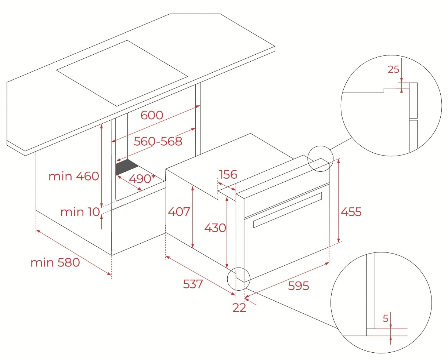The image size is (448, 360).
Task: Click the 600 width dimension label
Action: [x=152, y=115]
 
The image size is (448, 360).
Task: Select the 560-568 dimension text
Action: [x=158, y=141]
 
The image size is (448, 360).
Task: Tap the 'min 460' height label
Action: [x=74, y=176]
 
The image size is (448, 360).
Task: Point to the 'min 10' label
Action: [x=80, y=212]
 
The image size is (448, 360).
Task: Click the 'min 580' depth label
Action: [x=55, y=262]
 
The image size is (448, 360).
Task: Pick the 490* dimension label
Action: [x=142, y=179]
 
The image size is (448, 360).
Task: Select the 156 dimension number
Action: [x=228, y=174]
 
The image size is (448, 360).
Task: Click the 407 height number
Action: [x=179, y=211]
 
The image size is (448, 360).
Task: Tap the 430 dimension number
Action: [x=215, y=228]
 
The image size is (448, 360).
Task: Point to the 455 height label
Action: [x=351, y=212]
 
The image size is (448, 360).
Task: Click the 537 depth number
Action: [x=193, y=284]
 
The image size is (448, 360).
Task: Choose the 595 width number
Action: [x=298, y=286]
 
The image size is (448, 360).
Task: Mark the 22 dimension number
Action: [x=239, y=308]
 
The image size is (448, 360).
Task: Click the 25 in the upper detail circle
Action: [x=393, y=69]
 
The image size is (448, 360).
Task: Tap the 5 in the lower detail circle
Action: [x=386, y=319]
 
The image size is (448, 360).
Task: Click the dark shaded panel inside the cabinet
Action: [x=127, y=167]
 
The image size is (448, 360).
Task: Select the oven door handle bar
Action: [x=288, y=210]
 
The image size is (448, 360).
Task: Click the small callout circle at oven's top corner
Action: [x=320, y=159]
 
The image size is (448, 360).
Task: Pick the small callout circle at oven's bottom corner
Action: [x=239, y=279]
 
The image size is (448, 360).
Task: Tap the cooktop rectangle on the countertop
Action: [x=122, y=73]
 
